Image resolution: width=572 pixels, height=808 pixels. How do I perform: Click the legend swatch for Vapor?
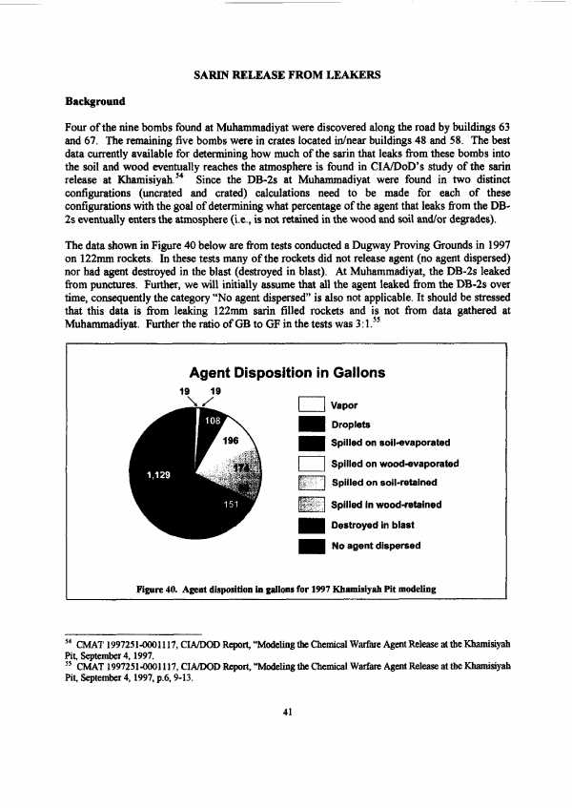tap(313, 404)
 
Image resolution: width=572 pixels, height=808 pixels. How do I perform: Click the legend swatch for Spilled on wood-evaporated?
tap(313, 464)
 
